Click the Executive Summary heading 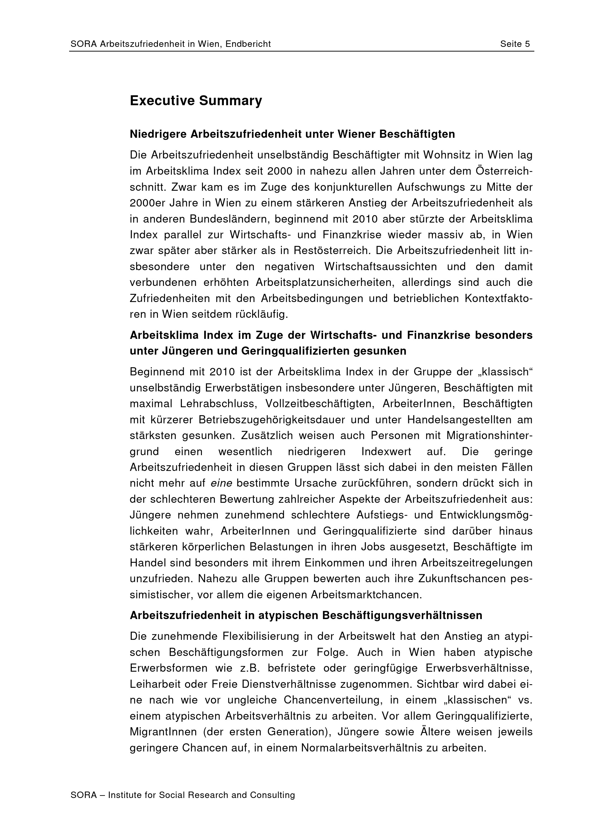[x=196, y=101]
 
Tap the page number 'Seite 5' [x=515, y=44]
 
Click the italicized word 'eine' [x=221, y=483]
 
